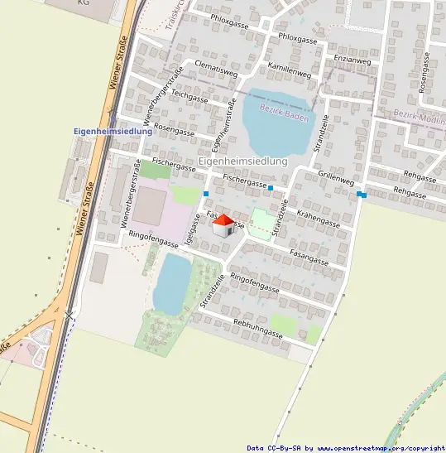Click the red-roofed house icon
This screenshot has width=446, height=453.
coord(223,225)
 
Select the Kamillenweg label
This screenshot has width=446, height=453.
coord(287,70)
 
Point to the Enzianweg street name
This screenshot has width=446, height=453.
coord(352,60)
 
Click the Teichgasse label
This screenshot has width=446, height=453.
coord(190,96)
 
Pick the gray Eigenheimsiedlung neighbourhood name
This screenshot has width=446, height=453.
coord(242,161)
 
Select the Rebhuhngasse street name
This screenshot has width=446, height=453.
coord(257,329)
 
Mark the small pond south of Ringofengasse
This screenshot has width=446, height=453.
coord(171,284)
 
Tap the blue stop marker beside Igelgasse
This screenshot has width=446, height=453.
coord(206,194)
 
